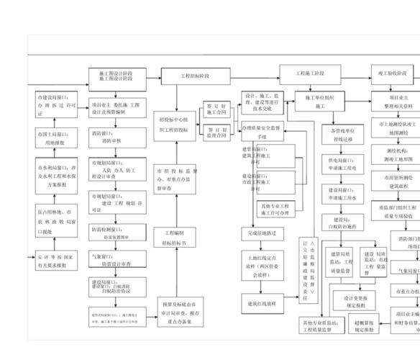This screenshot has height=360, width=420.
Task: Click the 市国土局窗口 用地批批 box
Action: coord(55,138)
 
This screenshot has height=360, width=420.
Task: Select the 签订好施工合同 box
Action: coord(216,109)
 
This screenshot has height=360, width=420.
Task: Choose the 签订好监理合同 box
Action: coord(216,132)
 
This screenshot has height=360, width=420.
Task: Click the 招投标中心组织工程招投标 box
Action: coord(173,125)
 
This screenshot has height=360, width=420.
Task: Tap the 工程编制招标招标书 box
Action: coord(174,238)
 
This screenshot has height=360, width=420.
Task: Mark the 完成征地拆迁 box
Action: coord(262,234)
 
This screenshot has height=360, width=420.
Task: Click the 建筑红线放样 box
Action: coord(262,304)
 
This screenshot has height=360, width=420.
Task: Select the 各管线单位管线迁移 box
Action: coord(342,135)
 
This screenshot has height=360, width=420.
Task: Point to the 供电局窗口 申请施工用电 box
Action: coord(342,163)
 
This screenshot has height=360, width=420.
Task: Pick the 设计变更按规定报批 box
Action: coord(355,301)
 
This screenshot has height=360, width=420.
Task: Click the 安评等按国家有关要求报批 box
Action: coord(55,261)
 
